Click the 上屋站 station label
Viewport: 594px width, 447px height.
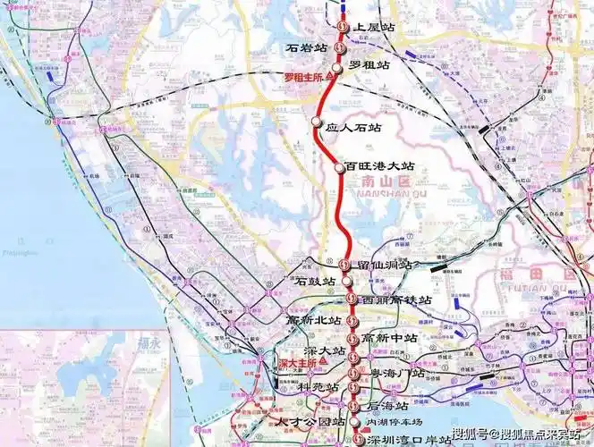point(375,28)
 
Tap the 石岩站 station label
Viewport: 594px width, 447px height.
point(307,46)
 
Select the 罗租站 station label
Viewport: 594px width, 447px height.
point(369,65)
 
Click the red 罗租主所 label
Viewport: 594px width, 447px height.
point(304,78)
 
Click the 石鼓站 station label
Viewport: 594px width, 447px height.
point(316,281)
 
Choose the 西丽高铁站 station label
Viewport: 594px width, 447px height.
point(396,299)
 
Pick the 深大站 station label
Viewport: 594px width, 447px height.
point(327,353)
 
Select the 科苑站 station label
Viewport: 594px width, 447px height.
point(318,387)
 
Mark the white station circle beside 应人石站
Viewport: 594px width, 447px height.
point(316,122)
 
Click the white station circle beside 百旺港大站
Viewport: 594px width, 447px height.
point(339,167)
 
